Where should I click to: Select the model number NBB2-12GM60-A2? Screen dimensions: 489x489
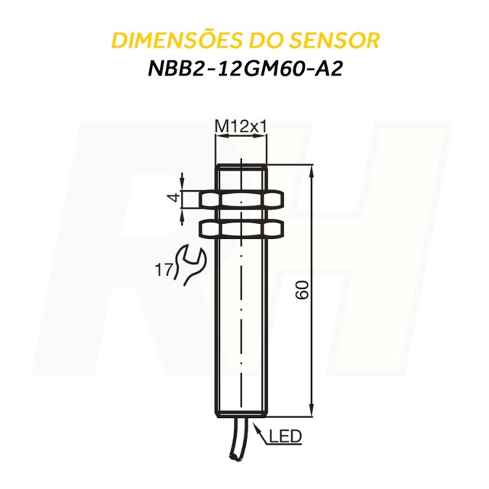point(244,68)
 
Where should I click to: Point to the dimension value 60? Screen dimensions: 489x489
point(302,290)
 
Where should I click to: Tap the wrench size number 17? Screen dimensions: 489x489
point(162,268)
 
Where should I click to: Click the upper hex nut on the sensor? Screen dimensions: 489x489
point(241,199)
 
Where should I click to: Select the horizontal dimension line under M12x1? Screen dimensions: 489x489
point(241,137)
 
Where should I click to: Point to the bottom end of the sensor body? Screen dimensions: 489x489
point(241,412)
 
